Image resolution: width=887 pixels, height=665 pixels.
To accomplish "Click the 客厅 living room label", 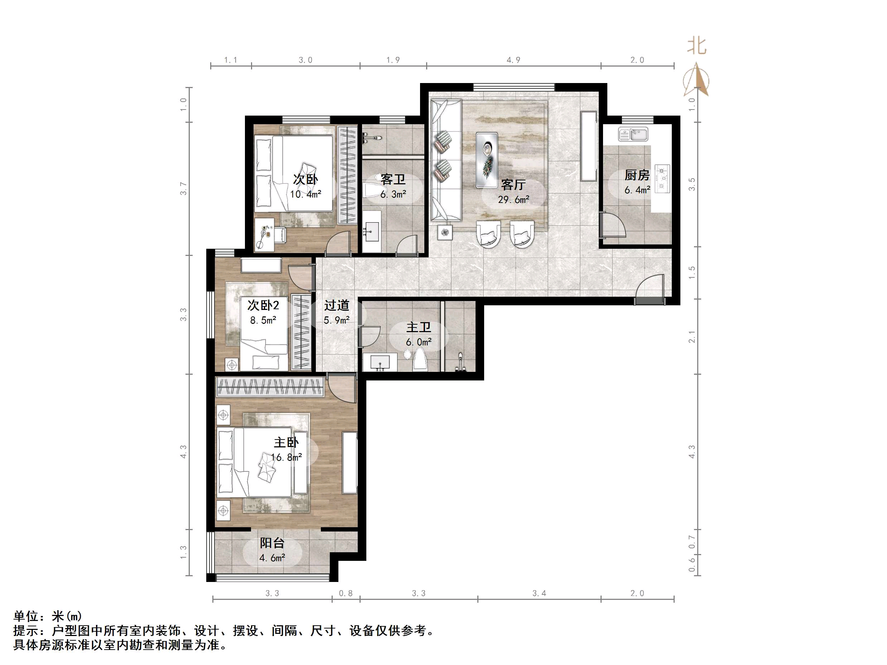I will (513, 185).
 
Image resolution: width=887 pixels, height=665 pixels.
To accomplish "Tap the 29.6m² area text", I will (513, 200).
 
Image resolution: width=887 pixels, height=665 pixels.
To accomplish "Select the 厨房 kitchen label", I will (637, 175).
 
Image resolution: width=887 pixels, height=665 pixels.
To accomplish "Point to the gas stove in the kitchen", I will (662, 178).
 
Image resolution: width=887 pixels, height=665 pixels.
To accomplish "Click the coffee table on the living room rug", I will (487, 160).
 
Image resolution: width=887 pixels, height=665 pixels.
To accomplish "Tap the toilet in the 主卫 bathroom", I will (419, 358).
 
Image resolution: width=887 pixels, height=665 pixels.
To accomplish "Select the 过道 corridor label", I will (337, 305).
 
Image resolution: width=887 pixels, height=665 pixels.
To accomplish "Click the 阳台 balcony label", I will (272, 543).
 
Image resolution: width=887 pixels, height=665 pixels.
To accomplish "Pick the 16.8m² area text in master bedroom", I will (286, 457).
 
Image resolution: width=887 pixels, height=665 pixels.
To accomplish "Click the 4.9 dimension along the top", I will (513, 60).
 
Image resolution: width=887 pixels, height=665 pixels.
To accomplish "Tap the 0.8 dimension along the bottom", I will (346, 593).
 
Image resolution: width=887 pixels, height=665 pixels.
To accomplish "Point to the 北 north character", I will (696, 46).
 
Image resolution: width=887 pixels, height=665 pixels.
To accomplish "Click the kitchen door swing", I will (613, 227).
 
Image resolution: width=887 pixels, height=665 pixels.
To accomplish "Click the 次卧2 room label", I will (263, 305).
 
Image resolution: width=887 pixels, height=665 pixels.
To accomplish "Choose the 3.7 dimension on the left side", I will (183, 188).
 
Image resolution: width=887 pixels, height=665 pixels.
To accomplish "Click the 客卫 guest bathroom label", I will (393, 180).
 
